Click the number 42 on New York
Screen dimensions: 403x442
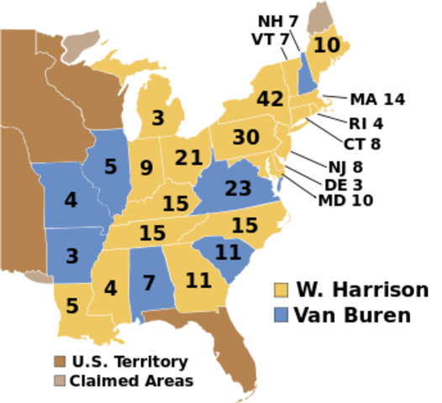click(x=270, y=99)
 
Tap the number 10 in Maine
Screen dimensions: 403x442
click(x=326, y=45)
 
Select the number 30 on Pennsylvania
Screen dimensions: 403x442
click(x=245, y=137)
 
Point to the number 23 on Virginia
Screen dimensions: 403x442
click(x=238, y=189)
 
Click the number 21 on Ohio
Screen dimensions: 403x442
click(x=189, y=158)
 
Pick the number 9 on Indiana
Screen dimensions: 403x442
click(x=146, y=169)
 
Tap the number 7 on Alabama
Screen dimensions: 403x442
click(x=149, y=283)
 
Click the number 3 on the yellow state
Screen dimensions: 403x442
click(x=158, y=118)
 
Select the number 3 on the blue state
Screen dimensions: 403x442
click(x=72, y=256)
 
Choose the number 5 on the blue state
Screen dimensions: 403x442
click(x=110, y=167)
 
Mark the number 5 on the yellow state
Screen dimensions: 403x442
click(x=71, y=306)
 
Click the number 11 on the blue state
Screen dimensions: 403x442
click(x=228, y=252)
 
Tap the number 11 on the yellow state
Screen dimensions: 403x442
click(x=198, y=280)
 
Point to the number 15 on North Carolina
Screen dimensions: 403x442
click(x=244, y=226)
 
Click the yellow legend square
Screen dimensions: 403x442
click(x=281, y=290)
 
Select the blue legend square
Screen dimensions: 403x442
click(x=281, y=313)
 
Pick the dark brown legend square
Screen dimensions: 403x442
click(x=60, y=361)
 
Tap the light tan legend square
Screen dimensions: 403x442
click(x=60, y=380)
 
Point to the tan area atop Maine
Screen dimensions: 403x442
click(x=318, y=17)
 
